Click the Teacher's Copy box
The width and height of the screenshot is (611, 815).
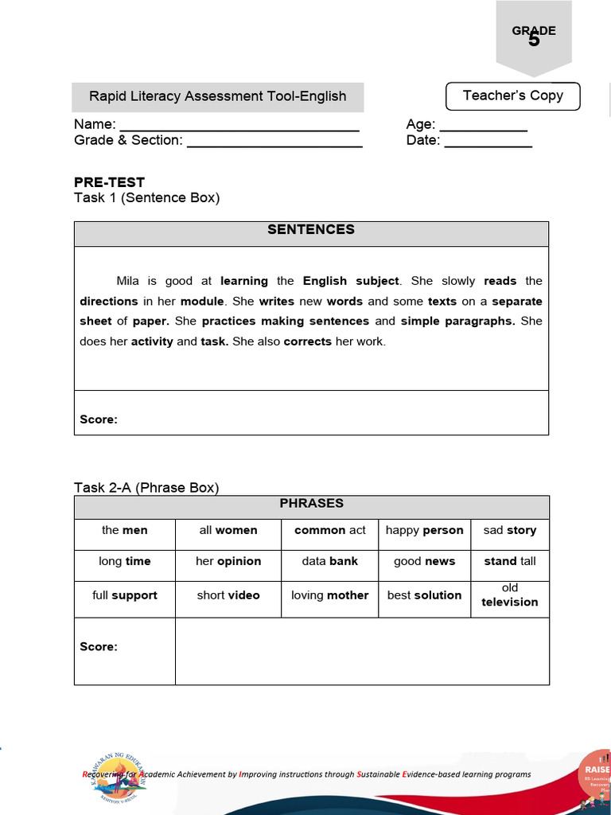[x=512, y=96]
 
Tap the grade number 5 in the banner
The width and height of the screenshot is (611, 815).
[x=534, y=40]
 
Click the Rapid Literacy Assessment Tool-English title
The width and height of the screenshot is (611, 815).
[x=217, y=96]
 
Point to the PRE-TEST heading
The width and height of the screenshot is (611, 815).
[x=109, y=181]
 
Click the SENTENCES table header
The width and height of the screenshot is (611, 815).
[x=311, y=230]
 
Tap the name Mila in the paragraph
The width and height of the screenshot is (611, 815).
[x=127, y=281]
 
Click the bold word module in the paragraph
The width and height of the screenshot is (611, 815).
[x=203, y=302]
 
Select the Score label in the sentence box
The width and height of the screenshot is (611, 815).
[x=99, y=419]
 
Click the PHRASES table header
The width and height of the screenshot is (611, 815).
[x=311, y=504]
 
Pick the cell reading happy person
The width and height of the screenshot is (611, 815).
[x=424, y=530]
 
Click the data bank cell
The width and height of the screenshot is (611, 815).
[x=329, y=561]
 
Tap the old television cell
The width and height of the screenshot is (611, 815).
[x=509, y=595]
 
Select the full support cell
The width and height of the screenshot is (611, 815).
[x=125, y=595]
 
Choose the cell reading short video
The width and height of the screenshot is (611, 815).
[x=228, y=595]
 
